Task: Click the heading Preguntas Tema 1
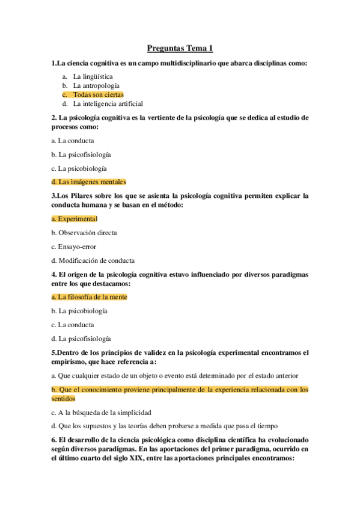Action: pyautogui.click(x=180, y=49)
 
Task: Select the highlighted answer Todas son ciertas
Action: pyautogui.click(x=98, y=94)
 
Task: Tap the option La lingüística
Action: pyautogui.click(x=93, y=76)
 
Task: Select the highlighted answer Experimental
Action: pyautogui.click(x=78, y=219)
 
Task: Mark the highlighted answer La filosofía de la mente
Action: pyautogui.click(x=93, y=297)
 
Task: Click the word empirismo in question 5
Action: pyautogui.click(x=70, y=361)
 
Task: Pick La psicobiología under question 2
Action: pyautogui.click(x=82, y=168)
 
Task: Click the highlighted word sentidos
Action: pyautogui.click(x=63, y=398)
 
